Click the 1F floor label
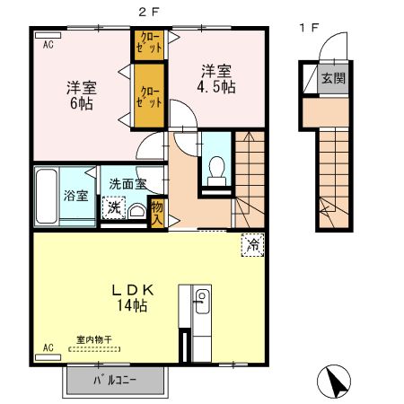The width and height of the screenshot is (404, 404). [x=309, y=28]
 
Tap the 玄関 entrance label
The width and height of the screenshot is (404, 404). [x=334, y=78]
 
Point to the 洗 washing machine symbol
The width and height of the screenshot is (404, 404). [x=113, y=207]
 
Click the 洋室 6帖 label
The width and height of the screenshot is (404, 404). [x=81, y=95]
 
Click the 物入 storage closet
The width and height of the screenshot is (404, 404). [x=157, y=211]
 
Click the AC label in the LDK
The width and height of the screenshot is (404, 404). [x=48, y=347]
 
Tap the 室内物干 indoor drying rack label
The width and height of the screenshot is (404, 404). [x=93, y=339]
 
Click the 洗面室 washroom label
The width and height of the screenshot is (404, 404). [x=127, y=183]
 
